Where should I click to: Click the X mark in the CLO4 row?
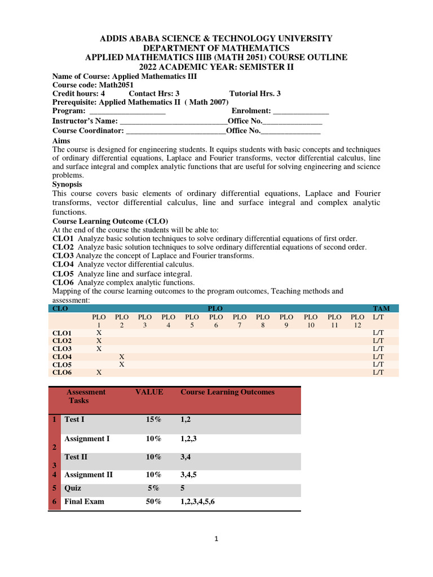[x=122, y=357]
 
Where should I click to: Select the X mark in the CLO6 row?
[x=99, y=372]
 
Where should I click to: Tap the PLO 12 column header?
[x=357, y=321]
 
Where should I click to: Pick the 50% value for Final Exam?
[x=153, y=501]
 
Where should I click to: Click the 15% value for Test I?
[x=153, y=420]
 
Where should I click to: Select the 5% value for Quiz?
[x=153, y=489]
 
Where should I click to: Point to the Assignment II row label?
[x=88, y=475]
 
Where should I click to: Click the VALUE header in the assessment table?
[x=149, y=392]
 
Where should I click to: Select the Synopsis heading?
[x=67, y=184]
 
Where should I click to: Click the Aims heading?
[x=61, y=140]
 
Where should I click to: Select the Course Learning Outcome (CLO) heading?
[x=110, y=221]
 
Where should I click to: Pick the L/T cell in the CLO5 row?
[x=378, y=365]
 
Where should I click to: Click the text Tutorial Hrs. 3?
[x=255, y=94]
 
